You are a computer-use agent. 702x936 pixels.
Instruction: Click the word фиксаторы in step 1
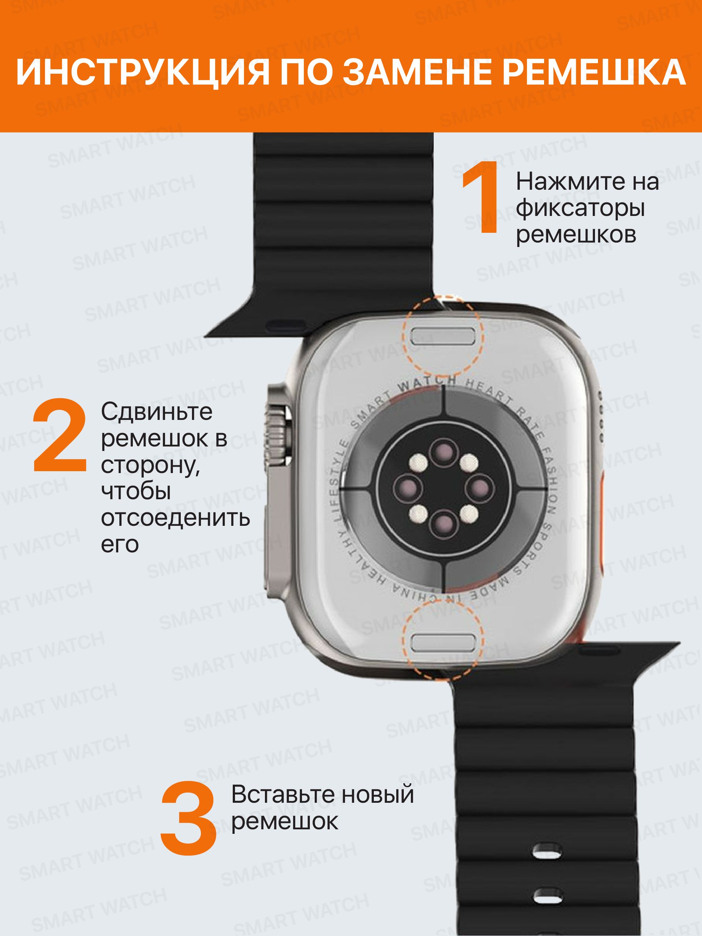click(580, 208)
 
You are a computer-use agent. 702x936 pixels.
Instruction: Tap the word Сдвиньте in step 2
click(156, 412)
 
